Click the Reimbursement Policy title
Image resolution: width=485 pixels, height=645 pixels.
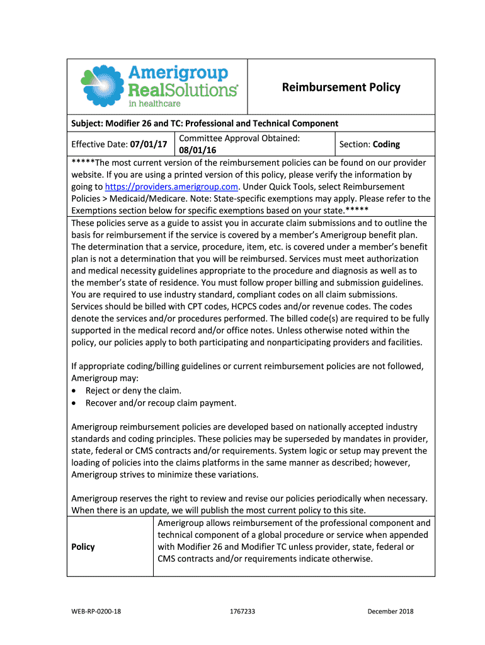pos(341,88)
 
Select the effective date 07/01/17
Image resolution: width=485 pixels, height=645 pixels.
pos(149,144)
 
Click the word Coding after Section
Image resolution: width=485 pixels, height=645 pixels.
pos(386,144)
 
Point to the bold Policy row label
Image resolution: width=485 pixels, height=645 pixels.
pos(83,547)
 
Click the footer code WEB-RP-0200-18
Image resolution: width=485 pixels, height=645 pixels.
pos(96,611)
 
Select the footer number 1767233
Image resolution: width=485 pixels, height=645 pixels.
pos(243,611)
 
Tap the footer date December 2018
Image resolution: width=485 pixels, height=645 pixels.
pos(391,611)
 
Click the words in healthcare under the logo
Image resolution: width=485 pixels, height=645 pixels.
pos(154,103)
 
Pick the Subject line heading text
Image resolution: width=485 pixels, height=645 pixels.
pos(205,123)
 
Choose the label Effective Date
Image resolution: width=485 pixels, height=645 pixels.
pos(100,144)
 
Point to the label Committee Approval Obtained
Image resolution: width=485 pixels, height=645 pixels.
pos(239,138)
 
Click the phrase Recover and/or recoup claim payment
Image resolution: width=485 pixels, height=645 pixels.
pos(161,403)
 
